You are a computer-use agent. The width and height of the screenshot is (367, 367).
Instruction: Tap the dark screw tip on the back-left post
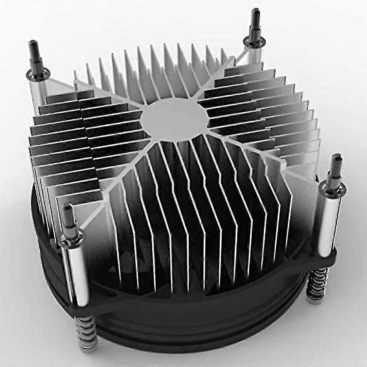click(34, 51)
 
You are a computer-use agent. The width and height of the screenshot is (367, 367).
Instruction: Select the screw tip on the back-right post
click(255, 18)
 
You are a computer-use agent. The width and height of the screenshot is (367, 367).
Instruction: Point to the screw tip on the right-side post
click(336, 165)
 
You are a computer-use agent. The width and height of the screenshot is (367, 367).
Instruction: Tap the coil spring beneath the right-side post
click(316, 284)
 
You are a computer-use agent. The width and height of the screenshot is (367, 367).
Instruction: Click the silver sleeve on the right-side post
click(325, 224)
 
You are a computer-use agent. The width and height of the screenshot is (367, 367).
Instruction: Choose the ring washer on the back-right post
click(255, 43)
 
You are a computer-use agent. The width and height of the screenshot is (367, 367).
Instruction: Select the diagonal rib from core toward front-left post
click(114, 183)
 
